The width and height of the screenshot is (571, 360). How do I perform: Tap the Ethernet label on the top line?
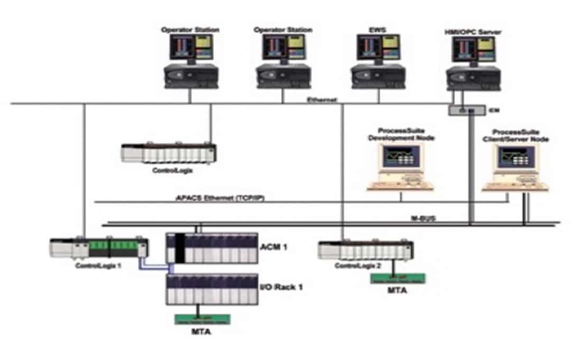[x=322, y=99]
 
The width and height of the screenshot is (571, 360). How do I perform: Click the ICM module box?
[x=466, y=110]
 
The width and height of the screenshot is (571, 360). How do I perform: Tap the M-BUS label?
[x=423, y=218]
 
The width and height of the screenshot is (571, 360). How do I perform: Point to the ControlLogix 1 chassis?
[x=99, y=248]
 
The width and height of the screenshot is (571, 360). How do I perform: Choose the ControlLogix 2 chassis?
[x=366, y=250]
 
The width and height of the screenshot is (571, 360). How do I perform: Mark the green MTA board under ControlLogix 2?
[x=397, y=278]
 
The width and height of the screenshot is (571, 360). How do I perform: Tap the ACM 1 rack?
[x=212, y=248]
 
